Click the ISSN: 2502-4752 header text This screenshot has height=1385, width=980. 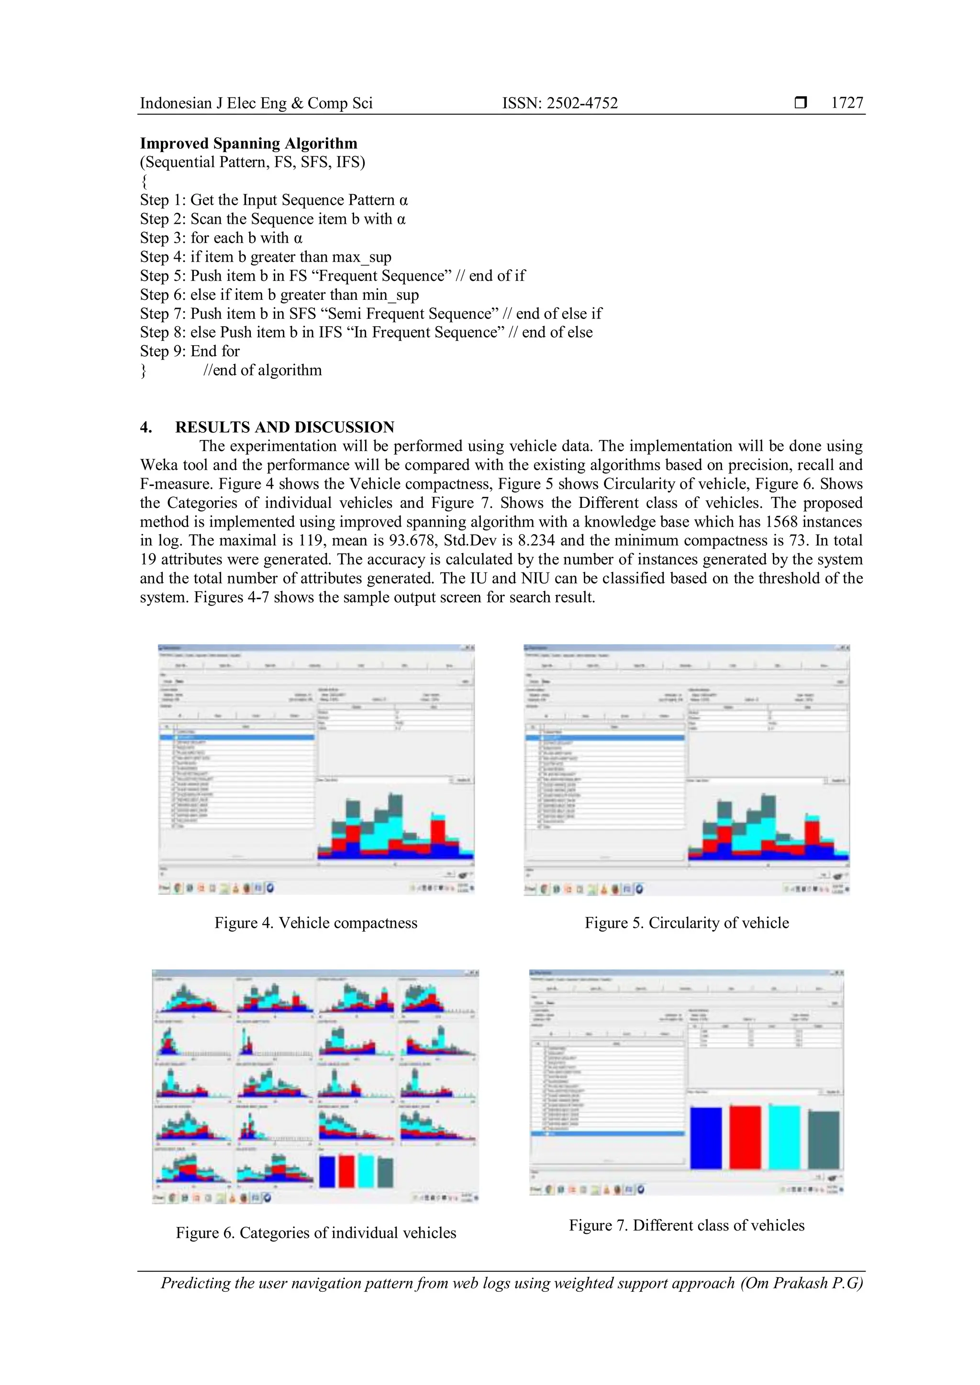pos(560,103)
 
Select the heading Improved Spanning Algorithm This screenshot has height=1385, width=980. pos(249,143)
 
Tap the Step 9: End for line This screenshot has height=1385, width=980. pos(189,352)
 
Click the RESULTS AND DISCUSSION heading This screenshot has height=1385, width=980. pos(284,427)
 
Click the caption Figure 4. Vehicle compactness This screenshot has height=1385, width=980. pos(316,923)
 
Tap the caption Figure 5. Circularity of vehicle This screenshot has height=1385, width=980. pos(686,923)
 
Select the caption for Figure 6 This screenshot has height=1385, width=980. pos(316,1233)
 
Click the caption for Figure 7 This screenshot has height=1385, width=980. pos(686,1225)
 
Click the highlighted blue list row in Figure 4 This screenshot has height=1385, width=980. pos(237,737)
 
